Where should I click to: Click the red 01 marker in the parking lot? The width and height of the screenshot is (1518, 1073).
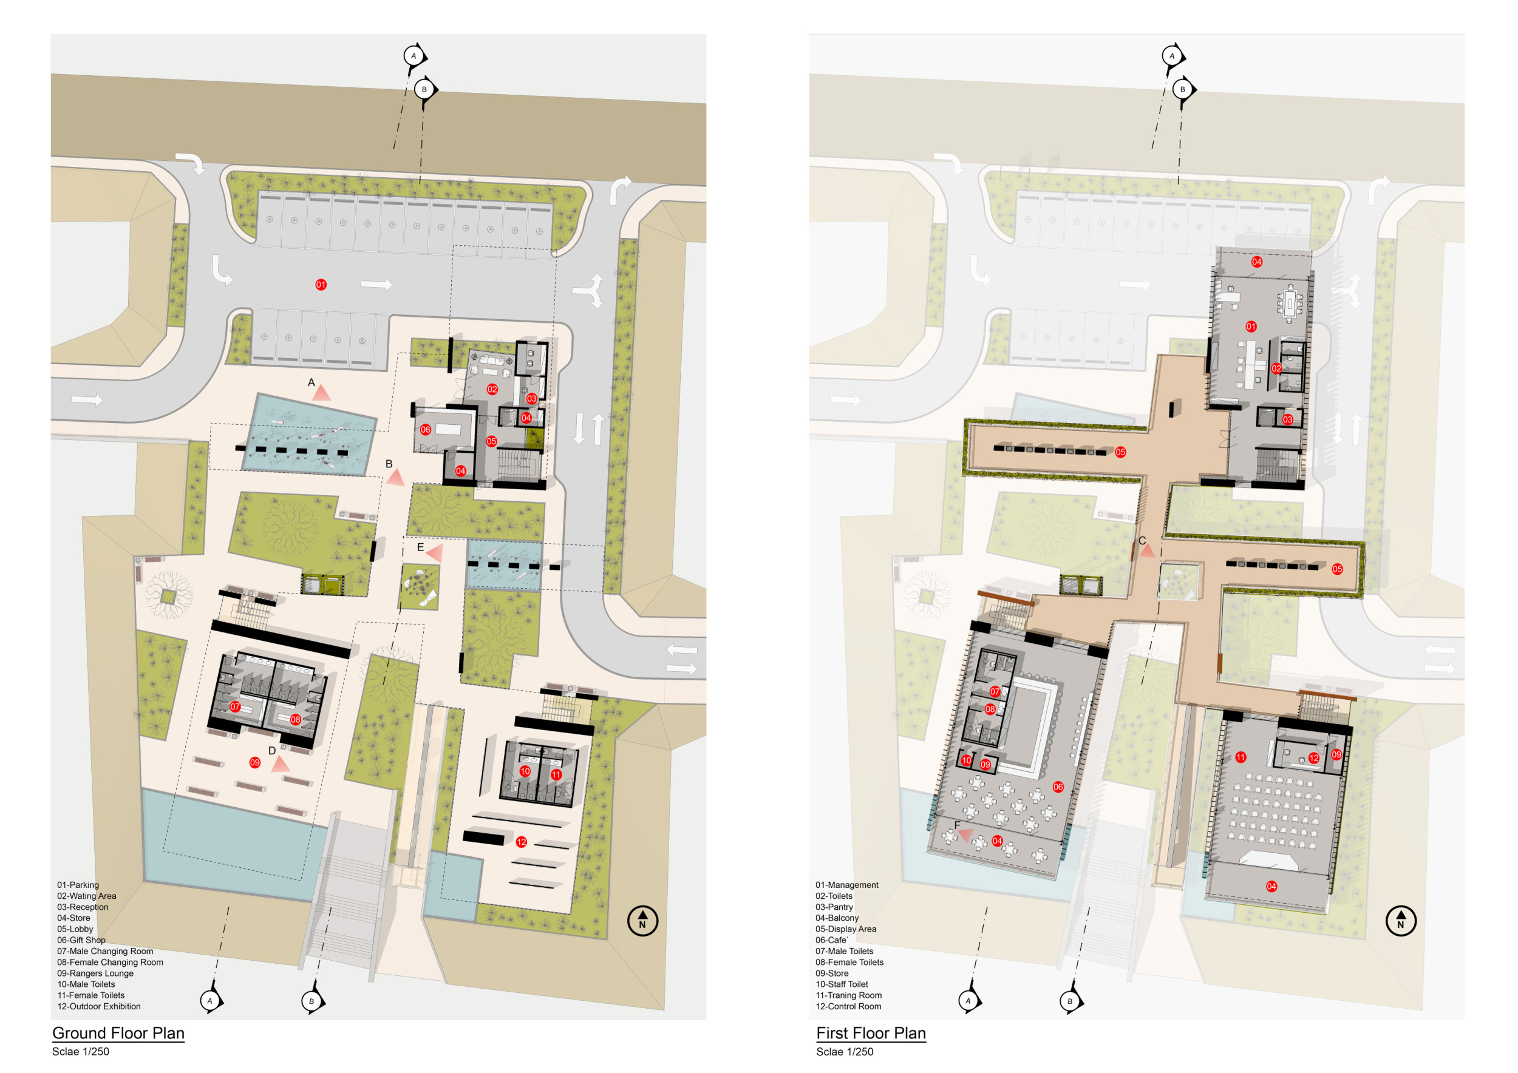321,285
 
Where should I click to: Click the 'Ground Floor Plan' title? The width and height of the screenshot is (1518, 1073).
118,1033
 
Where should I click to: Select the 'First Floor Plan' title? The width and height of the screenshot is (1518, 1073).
871,1033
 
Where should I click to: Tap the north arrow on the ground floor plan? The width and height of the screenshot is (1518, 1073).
642,921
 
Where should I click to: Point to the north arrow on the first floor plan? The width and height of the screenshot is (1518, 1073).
1400,921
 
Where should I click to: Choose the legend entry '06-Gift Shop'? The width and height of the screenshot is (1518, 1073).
81,940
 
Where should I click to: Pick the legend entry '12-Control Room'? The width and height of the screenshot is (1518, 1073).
848,1006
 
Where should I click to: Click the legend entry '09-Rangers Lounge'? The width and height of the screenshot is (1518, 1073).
95,973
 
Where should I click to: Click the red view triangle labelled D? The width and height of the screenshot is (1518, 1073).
281,764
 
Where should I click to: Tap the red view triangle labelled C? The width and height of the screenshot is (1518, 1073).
1147,550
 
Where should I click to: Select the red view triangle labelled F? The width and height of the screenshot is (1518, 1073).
965,835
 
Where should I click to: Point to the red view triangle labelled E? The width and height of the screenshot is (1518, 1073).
434,553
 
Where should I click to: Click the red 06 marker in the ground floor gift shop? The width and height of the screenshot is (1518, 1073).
425,430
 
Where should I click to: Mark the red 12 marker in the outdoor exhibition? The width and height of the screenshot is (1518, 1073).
522,842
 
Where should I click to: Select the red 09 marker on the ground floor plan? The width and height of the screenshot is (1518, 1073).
254,762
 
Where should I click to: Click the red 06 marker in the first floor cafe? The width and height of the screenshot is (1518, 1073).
1058,787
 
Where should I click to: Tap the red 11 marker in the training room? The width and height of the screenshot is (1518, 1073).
1241,757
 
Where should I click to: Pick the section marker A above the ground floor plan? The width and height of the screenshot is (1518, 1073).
415,55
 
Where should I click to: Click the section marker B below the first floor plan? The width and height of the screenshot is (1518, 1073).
1071,1001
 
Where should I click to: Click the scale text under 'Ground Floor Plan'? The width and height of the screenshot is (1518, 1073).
81,1052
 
